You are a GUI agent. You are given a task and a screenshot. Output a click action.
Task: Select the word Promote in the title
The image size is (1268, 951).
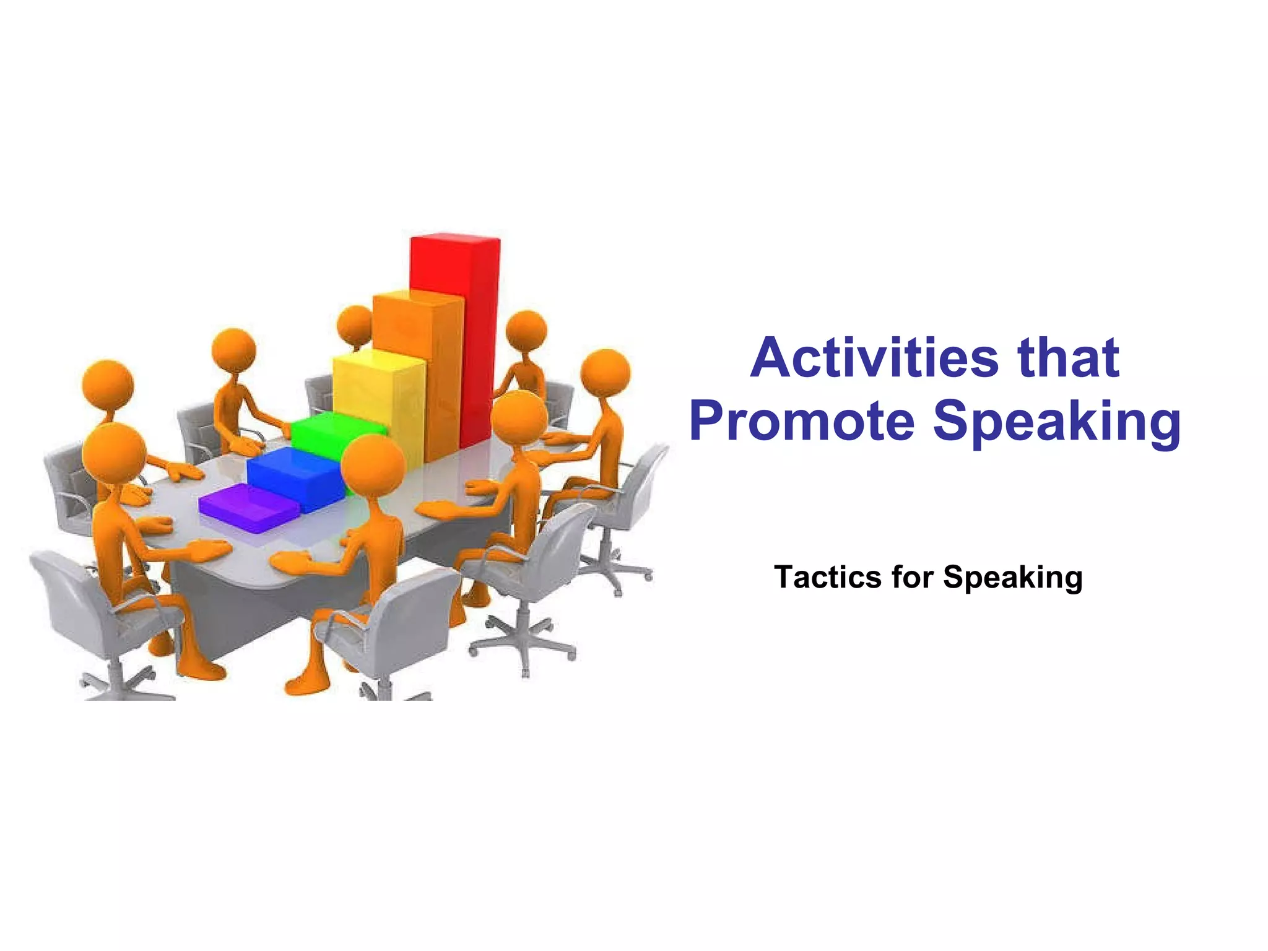tap(802, 421)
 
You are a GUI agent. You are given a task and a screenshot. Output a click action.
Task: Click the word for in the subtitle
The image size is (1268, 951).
tap(912, 577)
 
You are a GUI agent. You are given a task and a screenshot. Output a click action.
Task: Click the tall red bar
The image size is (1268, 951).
tap(456, 322)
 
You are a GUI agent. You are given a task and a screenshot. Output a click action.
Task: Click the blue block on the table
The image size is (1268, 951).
tap(293, 477)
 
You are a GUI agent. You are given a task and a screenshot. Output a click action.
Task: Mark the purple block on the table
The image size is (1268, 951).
tap(248, 508)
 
